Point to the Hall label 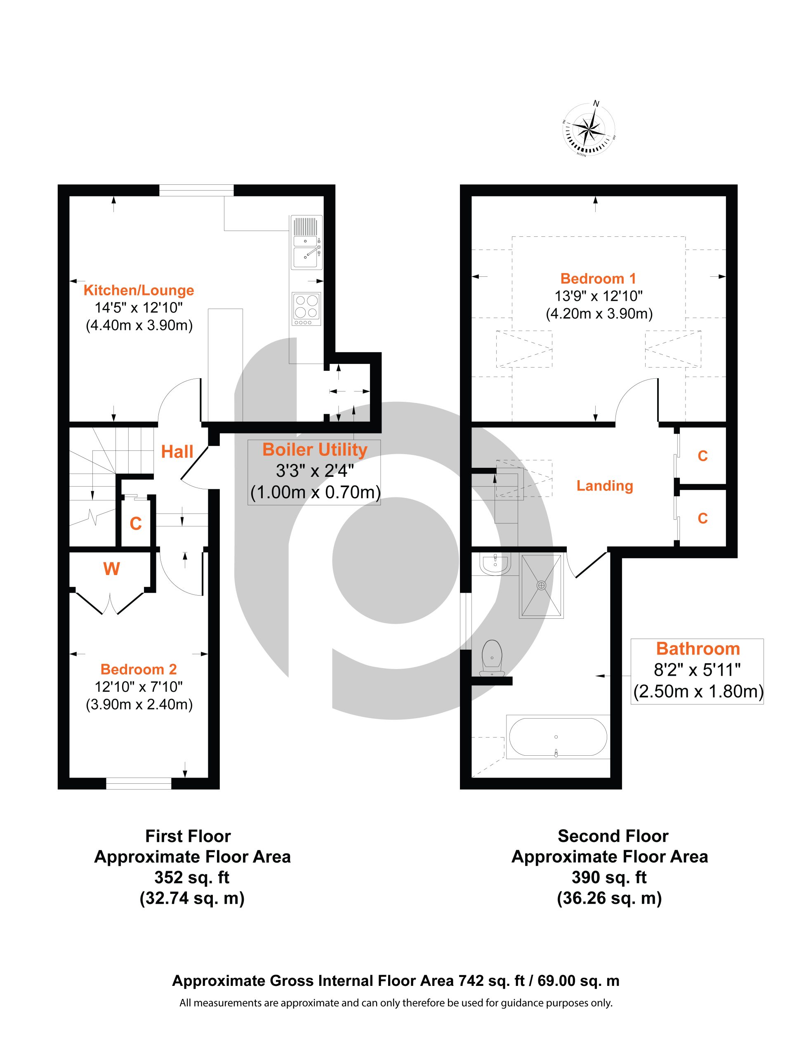[177, 452]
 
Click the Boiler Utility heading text [315, 450]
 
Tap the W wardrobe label [111, 568]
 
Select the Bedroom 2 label [139, 669]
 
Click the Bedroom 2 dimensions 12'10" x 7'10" [139, 687]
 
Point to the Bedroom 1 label [598, 278]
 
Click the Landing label [604, 486]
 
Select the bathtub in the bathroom [558, 737]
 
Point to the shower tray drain [541, 585]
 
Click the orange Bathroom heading [698, 649]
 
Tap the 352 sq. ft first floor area [192, 877]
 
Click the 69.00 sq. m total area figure [578, 981]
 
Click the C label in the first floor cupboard [136, 524]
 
